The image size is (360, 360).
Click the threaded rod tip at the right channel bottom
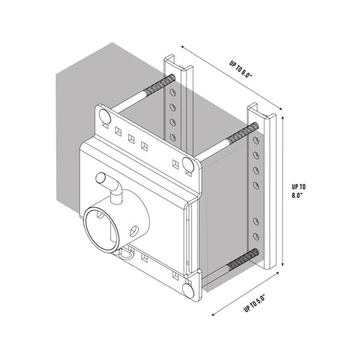coord(253,253)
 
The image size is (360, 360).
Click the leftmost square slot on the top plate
coord(118,130)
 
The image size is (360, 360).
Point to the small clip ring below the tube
coord(129,253)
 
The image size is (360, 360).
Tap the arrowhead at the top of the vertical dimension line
coord(282,117)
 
